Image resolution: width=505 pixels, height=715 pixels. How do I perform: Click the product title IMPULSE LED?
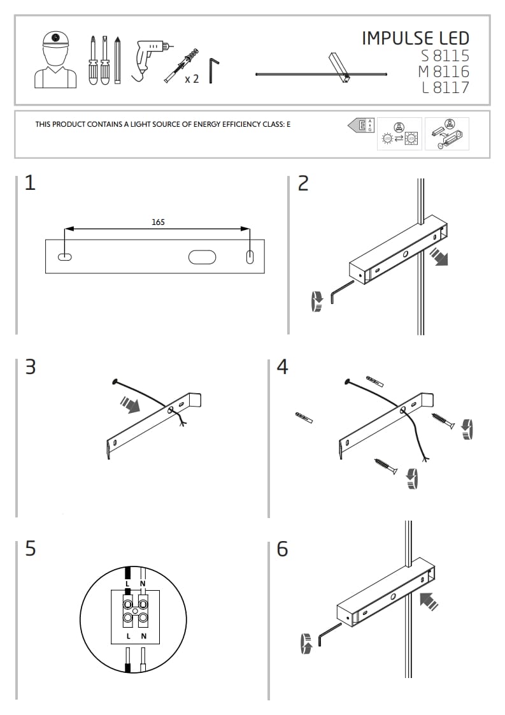(x=415, y=38)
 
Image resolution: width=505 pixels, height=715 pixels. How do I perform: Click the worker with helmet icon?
(x=55, y=61)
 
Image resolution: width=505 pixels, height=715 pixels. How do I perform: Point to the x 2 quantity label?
(x=192, y=79)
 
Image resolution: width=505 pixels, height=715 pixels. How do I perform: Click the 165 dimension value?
(x=158, y=222)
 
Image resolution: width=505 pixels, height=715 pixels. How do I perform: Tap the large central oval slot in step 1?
(x=202, y=257)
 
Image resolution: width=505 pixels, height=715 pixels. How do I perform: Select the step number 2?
(x=303, y=184)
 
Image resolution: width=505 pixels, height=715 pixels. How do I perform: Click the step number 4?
(x=283, y=367)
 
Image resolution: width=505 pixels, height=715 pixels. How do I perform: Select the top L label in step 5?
(x=128, y=584)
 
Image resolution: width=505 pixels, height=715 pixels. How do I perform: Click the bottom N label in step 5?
(x=144, y=637)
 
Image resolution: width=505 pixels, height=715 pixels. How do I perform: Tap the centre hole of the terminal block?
(x=136, y=610)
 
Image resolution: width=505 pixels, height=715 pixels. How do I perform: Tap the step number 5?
(x=30, y=548)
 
